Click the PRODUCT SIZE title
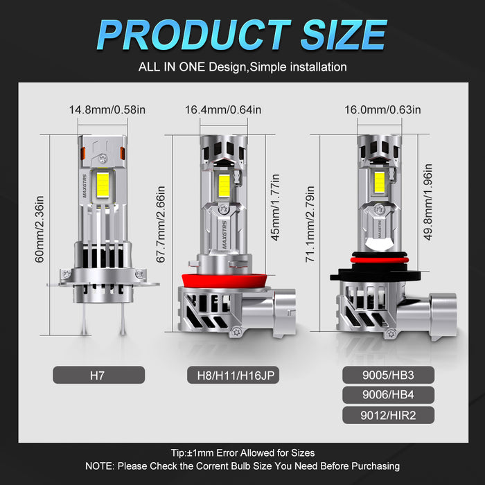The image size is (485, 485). pyautogui.click(x=242, y=34)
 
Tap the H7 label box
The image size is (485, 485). pyautogui.click(x=99, y=376)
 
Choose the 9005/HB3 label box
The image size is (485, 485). pyautogui.click(x=388, y=375)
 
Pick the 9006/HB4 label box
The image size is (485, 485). pyautogui.click(x=388, y=395)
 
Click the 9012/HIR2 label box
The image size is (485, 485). pyautogui.click(x=388, y=415)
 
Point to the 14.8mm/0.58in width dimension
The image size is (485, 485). pyautogui.click(x=107, y=109)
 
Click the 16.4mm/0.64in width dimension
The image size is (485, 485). pyautogui.click(x=223, y=109)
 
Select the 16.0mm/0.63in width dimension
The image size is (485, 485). pyautogui.click(x=384, y=109)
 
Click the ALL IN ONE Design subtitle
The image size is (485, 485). pyautogui.click(x=242, y=67)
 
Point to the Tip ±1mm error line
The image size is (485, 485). pyautogui.click(x=242, y=452)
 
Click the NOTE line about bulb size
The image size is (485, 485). pyautogui.click(x=242, y=466)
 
